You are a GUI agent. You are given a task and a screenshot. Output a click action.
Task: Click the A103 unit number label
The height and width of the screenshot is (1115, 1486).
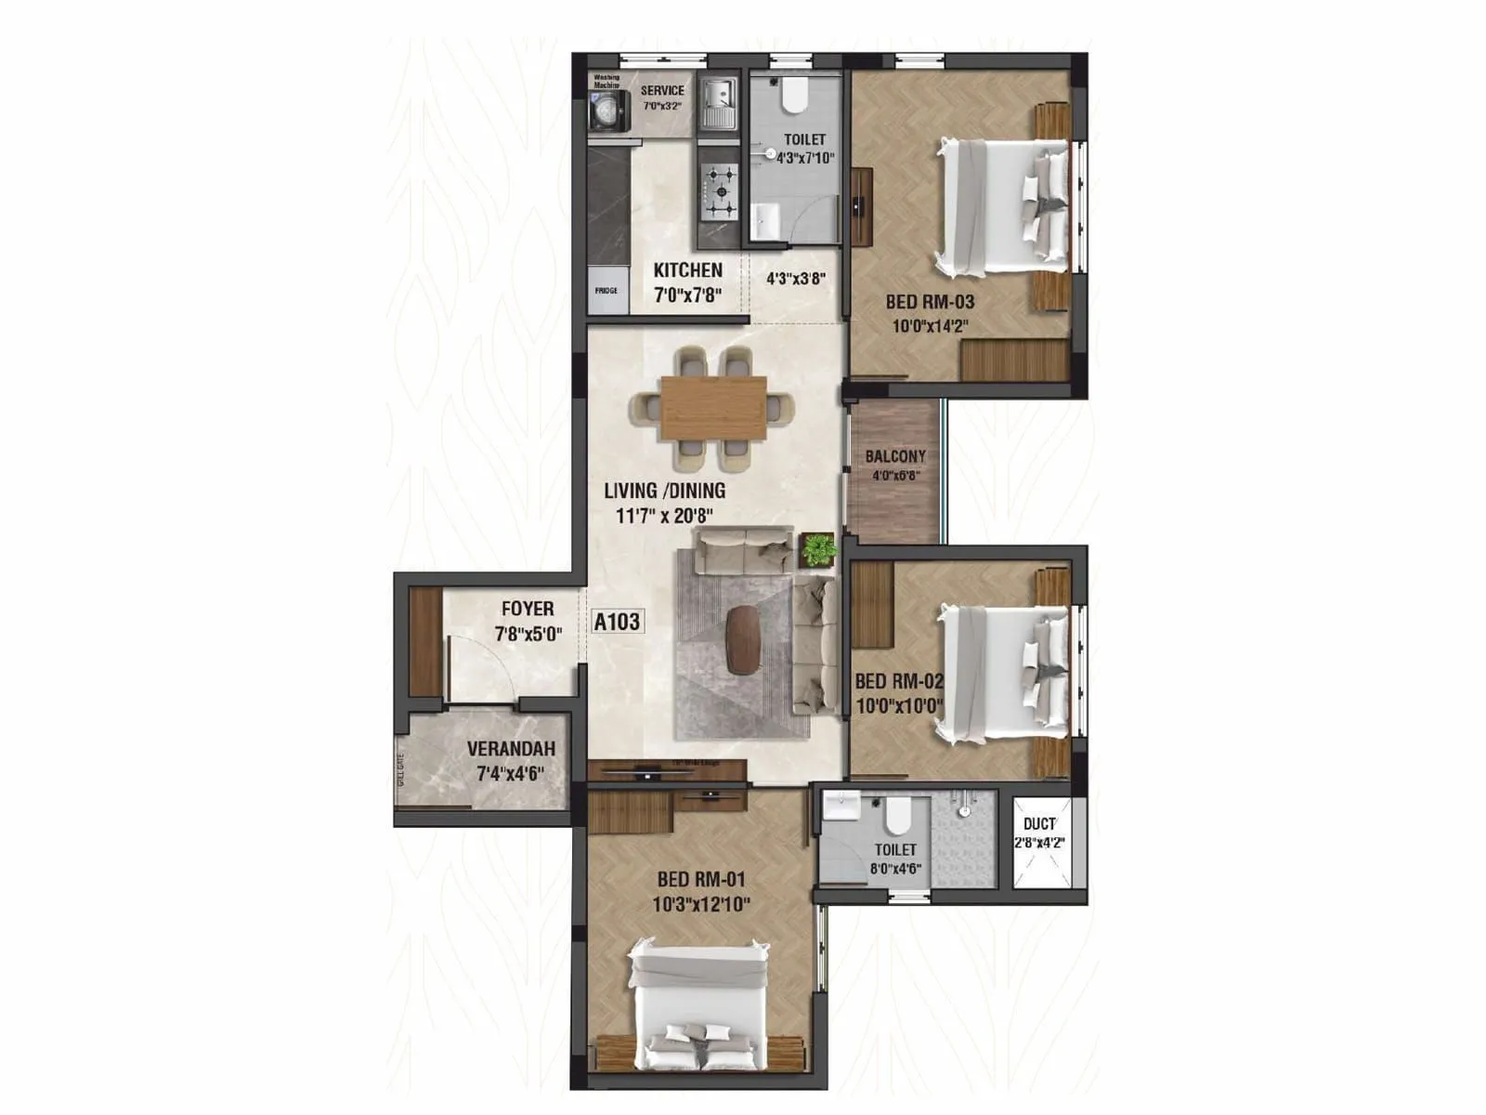pos(617,622)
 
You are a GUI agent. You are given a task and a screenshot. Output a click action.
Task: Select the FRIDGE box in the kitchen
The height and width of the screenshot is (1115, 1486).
pos(606,291)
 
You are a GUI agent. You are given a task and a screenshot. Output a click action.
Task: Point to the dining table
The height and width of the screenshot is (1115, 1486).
pos(713,407)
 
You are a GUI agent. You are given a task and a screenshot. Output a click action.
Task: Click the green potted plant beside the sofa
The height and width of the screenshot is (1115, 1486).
pos(818,549)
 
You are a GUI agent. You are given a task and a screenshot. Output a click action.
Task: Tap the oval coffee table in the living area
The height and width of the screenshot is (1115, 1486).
pos(741,639)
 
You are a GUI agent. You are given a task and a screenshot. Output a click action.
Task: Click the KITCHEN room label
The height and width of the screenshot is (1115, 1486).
pos(687,270)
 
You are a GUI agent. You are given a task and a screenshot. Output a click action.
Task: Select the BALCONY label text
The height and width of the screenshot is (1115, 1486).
pos(895,456)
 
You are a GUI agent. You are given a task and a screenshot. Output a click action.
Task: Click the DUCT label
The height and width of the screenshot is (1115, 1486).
pos(1039,823)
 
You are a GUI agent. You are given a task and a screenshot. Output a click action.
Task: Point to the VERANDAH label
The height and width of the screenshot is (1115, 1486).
pos(511,749)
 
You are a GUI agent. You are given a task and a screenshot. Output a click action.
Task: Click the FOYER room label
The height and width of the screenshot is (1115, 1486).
pos(528,609)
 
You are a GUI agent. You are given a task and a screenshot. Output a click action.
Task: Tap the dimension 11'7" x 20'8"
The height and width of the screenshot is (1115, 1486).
pos(664,516)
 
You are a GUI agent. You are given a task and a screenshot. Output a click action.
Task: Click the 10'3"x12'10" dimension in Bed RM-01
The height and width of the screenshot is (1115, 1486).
pos(701,904)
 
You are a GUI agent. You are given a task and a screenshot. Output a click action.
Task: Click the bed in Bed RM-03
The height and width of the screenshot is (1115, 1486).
pos(1003,205)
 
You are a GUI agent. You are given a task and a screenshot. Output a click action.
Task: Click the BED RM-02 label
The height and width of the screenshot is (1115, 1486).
pos(898,681)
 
